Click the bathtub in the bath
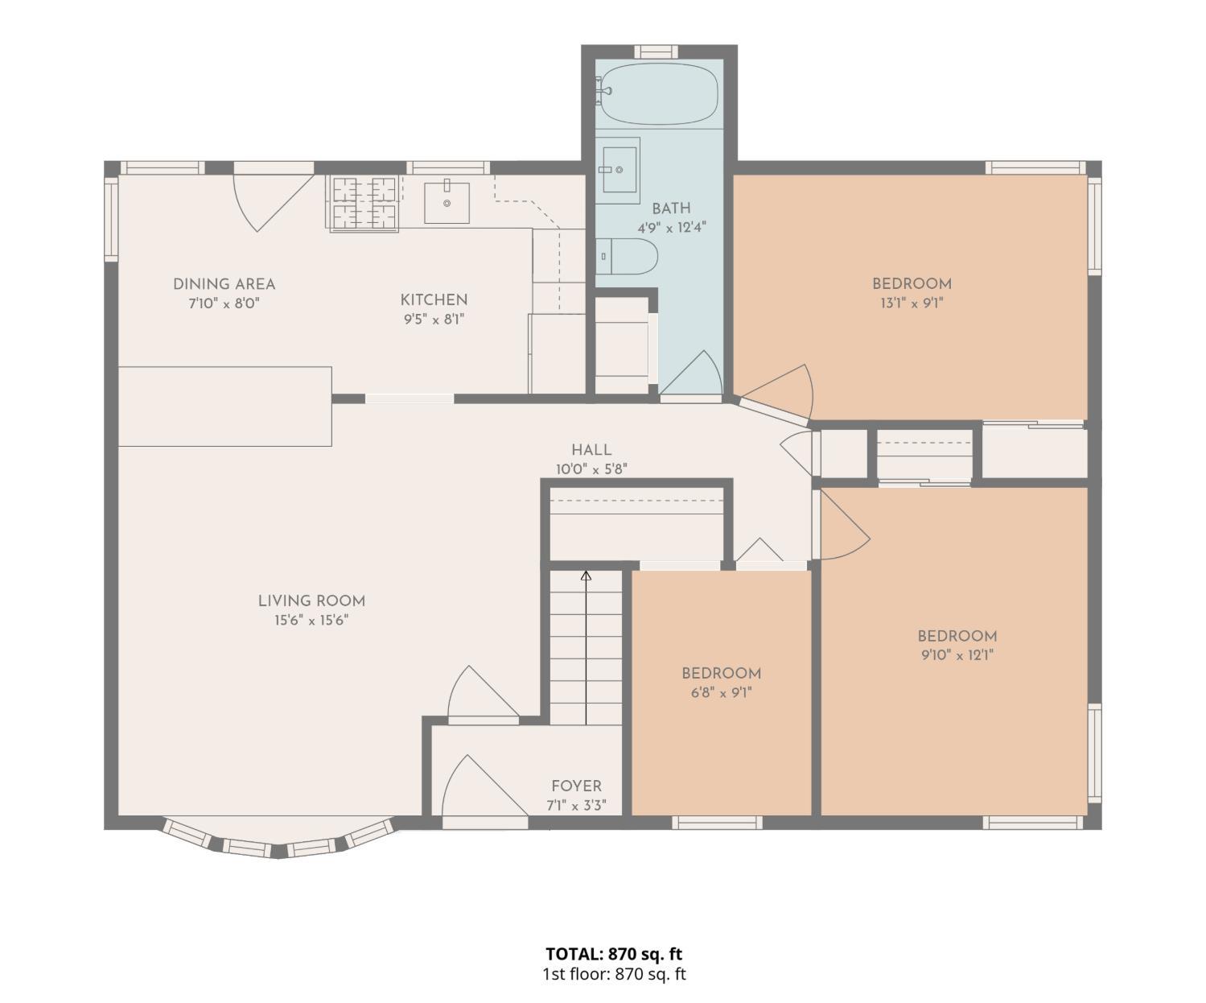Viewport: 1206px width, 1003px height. point(658,94)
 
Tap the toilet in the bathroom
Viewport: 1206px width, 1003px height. point(626,256)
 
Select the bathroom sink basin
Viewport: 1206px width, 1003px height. point(619,169)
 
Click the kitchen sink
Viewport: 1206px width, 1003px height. point(447,203)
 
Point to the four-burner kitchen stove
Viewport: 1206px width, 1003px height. point(364,203)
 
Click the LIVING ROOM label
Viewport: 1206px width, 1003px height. point(311,601)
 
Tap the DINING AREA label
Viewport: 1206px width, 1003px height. point(224,284)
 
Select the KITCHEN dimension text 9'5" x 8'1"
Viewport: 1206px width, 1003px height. point(434,319)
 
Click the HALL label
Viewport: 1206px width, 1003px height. point(591,450)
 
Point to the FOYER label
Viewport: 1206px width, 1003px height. point(576,786)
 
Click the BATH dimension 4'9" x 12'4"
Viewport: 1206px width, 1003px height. point(672,228)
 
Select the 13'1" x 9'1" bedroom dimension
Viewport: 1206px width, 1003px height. point(912,303)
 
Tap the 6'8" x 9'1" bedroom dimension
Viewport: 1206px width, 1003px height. point(722,692)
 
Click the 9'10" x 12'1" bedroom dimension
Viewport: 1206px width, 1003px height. point(957,655)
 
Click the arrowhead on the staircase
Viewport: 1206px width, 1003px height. point(586,576)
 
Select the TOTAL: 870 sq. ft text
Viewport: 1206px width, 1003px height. point(614,953)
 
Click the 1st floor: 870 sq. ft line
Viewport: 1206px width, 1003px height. point(614,974)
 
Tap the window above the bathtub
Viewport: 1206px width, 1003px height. point(657,52)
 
